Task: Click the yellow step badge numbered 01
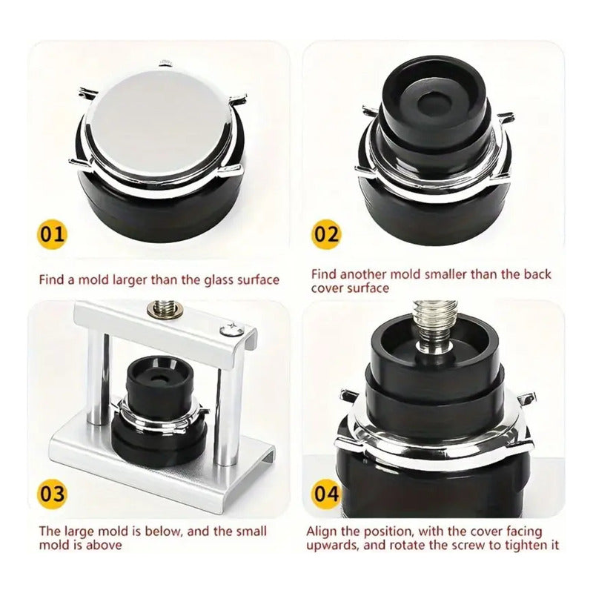53,236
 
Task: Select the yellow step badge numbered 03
53,494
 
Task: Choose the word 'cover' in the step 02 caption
328,288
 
